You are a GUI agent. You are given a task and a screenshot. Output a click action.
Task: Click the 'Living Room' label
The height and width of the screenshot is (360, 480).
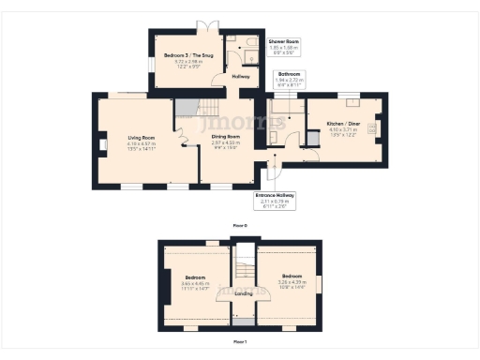[x=140, y=137]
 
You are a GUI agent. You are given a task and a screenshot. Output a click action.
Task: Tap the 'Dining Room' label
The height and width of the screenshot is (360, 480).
[x=226, y=136]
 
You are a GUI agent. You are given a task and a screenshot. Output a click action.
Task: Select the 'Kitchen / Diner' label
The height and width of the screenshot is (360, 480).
[x=343, y=124]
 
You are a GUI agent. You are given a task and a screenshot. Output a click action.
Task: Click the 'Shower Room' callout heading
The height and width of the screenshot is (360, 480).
[x=283, y=42]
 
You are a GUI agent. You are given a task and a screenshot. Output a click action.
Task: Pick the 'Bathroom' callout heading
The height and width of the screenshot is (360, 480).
[x=289, y=73]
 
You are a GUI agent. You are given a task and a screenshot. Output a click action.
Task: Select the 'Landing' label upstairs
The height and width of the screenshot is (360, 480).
[x=243, y=293]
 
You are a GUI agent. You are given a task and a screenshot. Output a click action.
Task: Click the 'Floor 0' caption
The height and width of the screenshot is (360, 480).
[x=240, y=226]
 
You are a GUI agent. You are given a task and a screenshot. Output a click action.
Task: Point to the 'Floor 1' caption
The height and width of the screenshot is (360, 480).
[x=240, y=341]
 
